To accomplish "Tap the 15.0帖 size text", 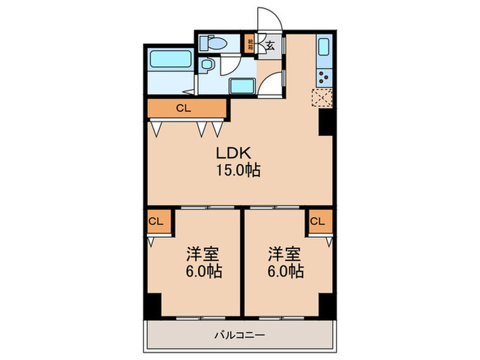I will tap(238, 170).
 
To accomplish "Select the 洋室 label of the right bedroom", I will tap(285, 254).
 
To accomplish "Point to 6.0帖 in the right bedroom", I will tap(285, 272).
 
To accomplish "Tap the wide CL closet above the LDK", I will tap(184, 108).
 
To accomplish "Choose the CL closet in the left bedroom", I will tap(156, 221).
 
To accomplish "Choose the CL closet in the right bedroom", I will tap(317, 221).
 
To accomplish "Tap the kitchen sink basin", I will tap(324, 49).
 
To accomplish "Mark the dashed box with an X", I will tap(322, 99).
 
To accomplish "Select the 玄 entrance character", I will tap(271, 47).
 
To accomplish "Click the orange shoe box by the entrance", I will tap(252, 47).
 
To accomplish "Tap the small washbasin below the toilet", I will tap(207, 66).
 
